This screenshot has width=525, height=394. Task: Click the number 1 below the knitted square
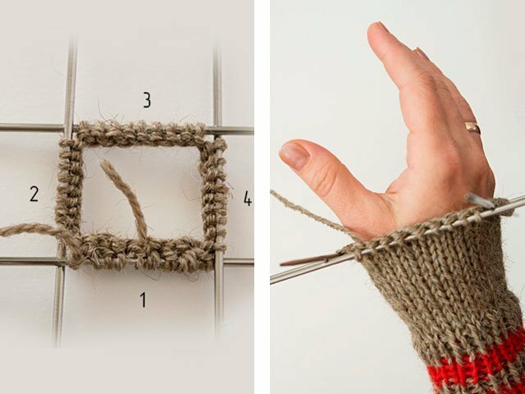click(143, 300)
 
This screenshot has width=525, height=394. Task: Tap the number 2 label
click(34, 194)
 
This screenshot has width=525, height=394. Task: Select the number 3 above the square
click(147, 100)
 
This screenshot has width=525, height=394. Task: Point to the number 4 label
click(248, 198)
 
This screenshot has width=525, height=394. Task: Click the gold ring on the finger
click(472, 128)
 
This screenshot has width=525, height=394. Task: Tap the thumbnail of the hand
click(294, 155)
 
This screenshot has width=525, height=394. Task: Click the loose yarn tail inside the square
click(125, 199)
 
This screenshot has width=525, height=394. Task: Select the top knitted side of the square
click(140, 133)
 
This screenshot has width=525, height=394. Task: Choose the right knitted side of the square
click(214, 191)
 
